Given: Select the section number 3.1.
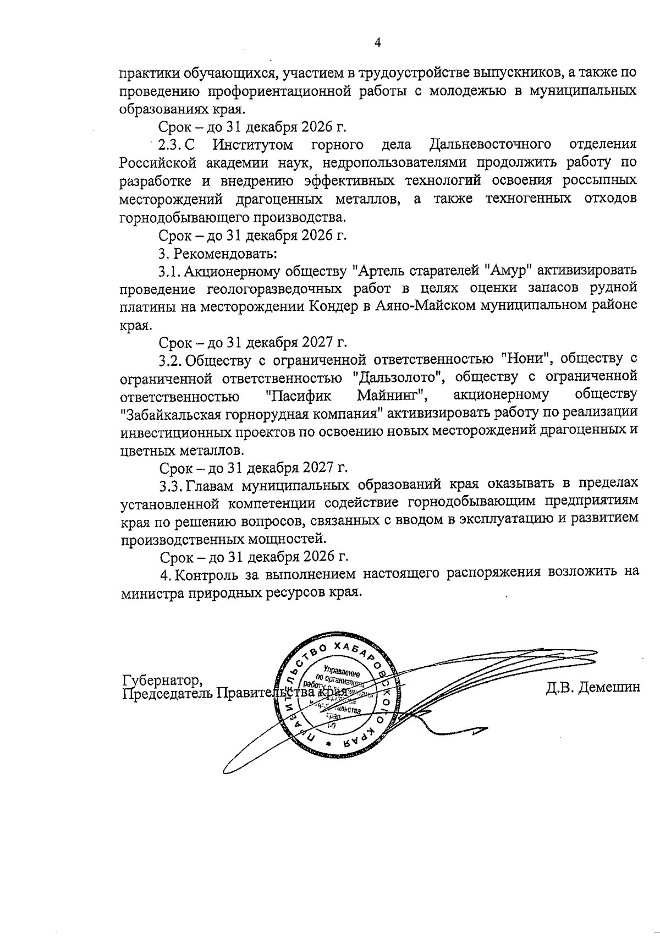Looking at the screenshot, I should [169, 271].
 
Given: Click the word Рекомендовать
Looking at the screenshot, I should [226, 253].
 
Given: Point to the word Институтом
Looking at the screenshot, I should [254, 145].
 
